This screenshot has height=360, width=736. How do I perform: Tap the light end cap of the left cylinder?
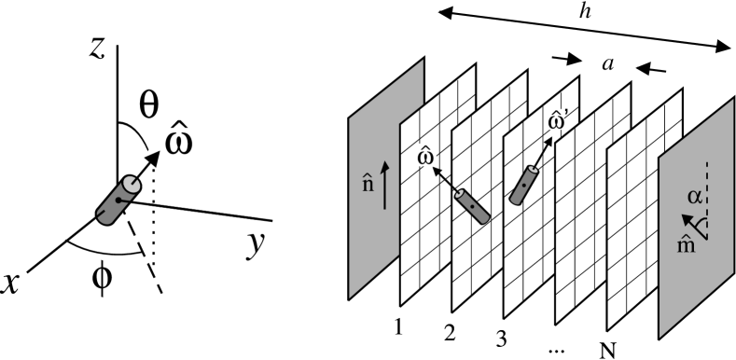point(132,185)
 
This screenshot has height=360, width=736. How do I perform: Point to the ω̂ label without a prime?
point(425,156)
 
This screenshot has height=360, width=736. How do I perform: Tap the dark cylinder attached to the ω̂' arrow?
point(524,185)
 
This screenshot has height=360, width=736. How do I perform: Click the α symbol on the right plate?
point(693,196)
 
